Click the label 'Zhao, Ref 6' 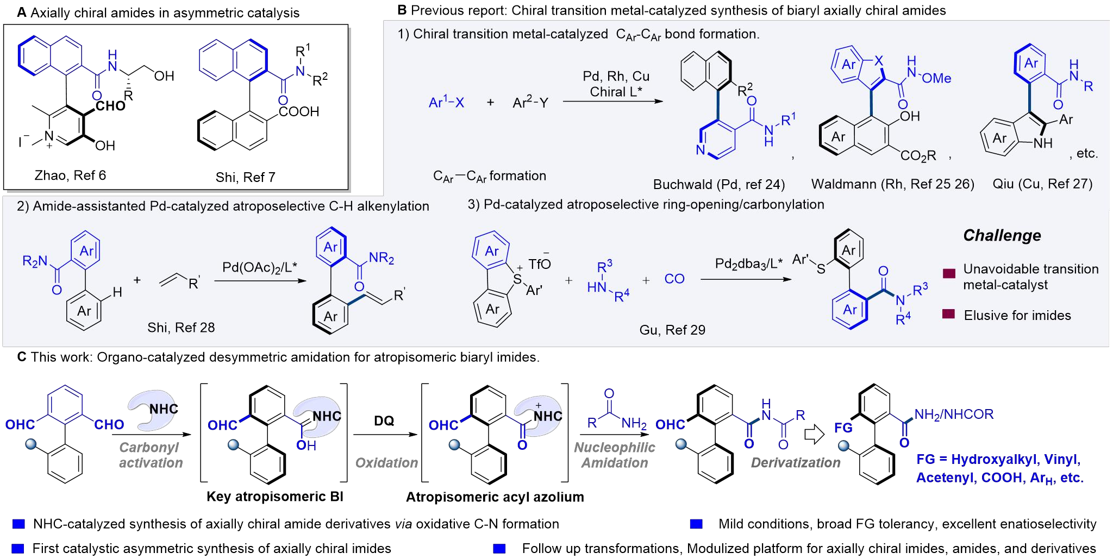point(70,175)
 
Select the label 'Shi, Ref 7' point(245,177)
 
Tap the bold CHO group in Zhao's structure point(110,105)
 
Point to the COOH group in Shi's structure point(298,112)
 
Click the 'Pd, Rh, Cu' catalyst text point(616,77)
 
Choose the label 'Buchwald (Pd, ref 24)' point(718,185)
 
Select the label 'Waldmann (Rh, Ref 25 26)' point(892,184)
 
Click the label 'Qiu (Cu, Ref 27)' point(1042,184)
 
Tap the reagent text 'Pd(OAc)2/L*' point(260,267)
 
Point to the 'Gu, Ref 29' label point(672,330)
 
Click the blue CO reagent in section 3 point(674,279)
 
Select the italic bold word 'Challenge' point(1002,235)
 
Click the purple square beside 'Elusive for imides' point(948,314)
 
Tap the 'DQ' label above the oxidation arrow point(384,421)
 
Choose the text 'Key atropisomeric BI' point(274,497)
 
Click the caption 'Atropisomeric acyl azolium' point(495,497)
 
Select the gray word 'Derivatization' point(795,463)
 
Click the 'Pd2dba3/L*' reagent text point(748,264)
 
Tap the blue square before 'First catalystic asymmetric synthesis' point(18,549)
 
